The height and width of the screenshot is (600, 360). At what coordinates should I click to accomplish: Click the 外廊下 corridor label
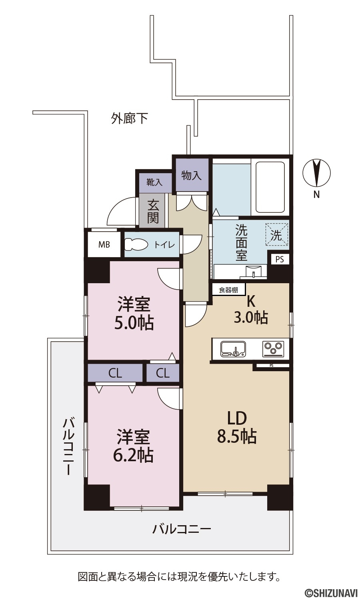coord(130,118)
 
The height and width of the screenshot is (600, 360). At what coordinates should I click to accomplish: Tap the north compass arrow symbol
coord(317,173)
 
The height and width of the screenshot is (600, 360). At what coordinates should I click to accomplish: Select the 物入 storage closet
coord(192,175)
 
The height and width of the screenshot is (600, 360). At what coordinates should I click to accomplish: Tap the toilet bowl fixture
coord(136,244)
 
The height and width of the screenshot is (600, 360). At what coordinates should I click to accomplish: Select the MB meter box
coord(104,244)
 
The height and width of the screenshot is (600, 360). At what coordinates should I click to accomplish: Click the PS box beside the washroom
coord(279,259)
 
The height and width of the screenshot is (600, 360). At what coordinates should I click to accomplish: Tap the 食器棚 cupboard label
coord(229,290)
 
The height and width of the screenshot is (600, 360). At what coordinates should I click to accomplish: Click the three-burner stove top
coord(274,349)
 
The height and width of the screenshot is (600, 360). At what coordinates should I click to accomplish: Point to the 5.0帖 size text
coord(134,323)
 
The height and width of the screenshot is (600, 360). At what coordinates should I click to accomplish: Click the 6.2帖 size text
coord(134,455)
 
